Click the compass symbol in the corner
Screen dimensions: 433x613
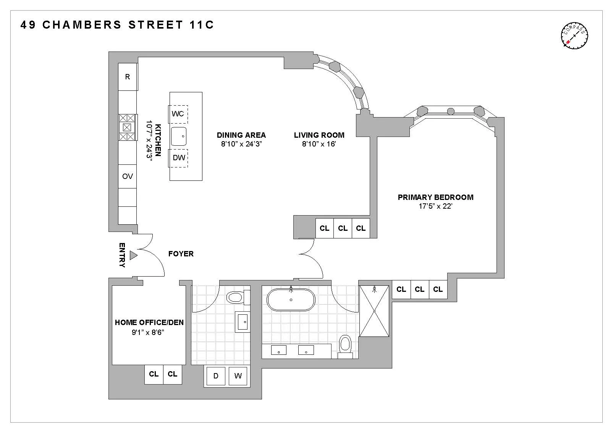[x=574, y=36]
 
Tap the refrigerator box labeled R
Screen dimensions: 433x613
[x=128, y=77]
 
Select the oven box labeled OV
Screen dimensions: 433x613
[x=128, y=176]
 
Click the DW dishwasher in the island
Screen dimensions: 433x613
[x=179, y=158]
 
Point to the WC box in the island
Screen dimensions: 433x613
[x=178, y=114]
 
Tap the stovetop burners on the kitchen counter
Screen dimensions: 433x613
[x=128, y=127]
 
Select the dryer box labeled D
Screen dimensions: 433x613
[x=216, y=376]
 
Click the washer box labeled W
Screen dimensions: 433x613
[x=238, y=376]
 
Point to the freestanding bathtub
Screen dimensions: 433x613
[x=291, y=299]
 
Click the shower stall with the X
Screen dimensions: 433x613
[x=374, y=311]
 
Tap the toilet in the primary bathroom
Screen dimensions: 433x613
[x=345, y=344]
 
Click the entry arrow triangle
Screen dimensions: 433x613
[x=133, y=255]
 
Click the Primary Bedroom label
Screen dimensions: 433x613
[x=435, y=197]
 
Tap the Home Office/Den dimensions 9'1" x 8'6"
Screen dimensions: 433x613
[x=149, y=332]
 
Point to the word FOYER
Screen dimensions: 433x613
[x=181, y=254]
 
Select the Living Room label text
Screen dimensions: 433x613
[x=319, y=135]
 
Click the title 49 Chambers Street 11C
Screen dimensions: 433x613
[x=117, y=25]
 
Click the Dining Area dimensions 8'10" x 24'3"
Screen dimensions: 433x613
[x=241, y=144]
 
